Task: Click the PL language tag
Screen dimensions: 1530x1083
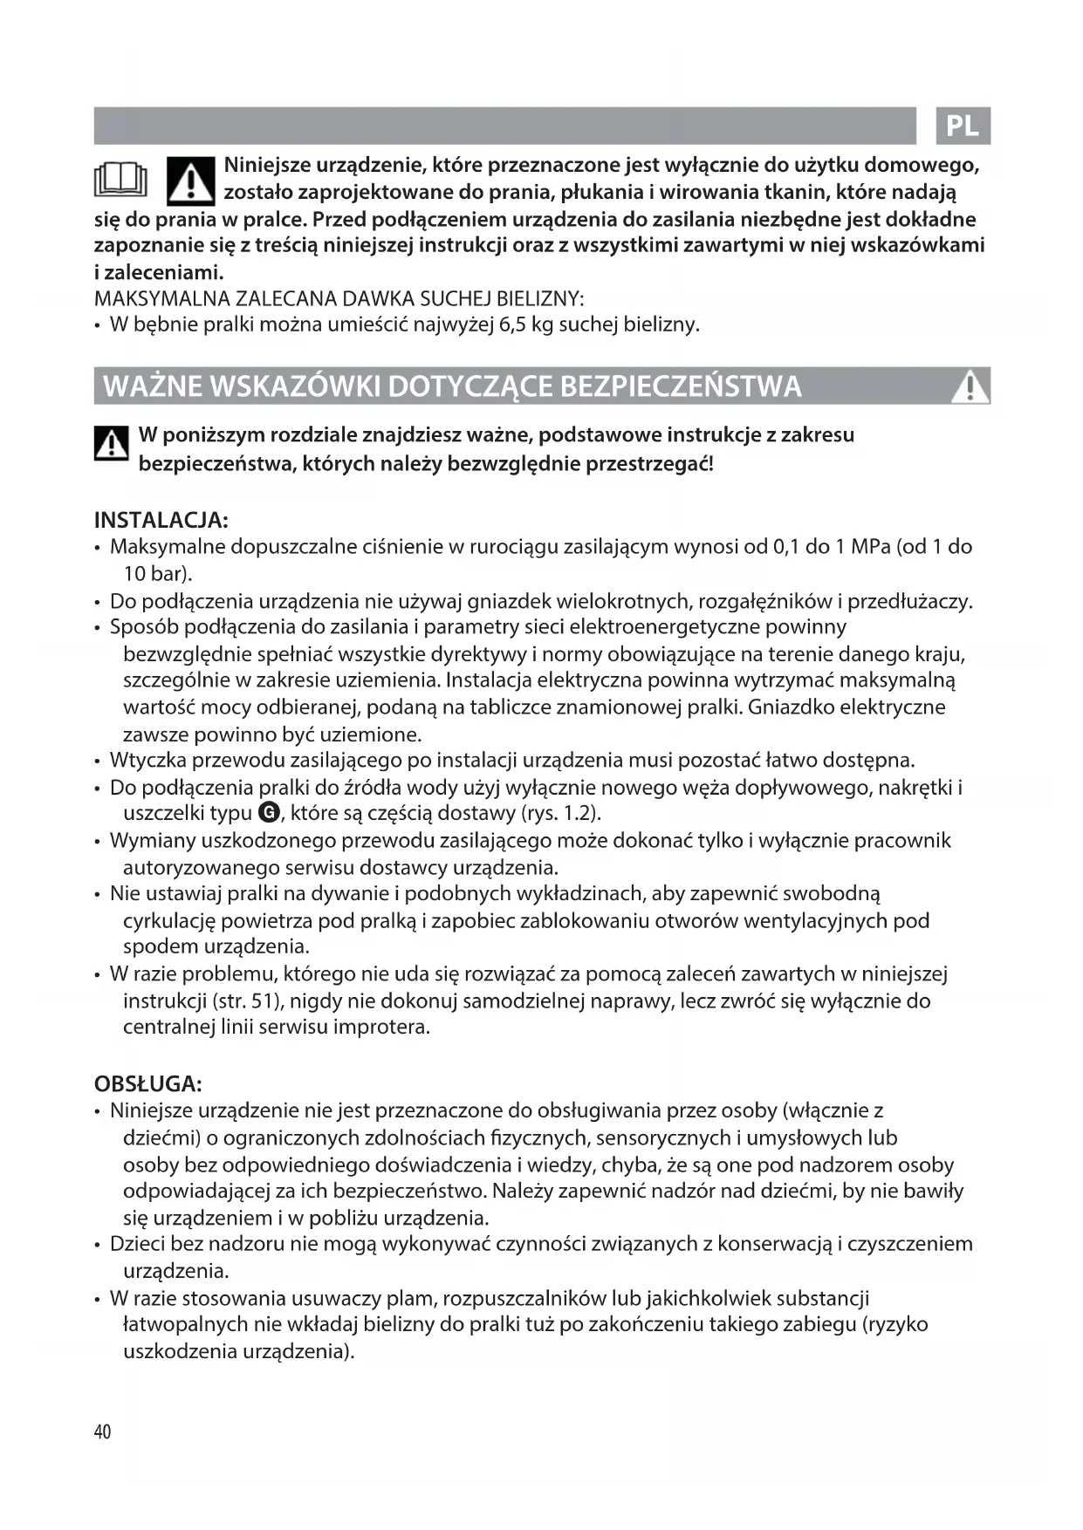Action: [963, 126]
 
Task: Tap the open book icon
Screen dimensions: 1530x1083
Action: [120, 181]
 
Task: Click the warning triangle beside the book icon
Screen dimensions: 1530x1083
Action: [190, 180]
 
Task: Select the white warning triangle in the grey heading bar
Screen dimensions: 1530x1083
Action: [969, 386]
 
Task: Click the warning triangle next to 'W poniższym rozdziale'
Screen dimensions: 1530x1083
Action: [111, 445]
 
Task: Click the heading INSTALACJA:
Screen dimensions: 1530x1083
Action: [161, 521]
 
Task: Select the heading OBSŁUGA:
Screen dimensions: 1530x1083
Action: [148, 1084]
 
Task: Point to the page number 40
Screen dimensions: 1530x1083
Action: [102, 1431]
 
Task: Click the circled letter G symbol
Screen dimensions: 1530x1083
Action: [269, 813]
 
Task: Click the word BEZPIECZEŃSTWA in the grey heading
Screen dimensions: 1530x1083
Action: [681, 386]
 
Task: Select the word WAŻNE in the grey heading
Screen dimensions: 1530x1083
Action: [154, 386]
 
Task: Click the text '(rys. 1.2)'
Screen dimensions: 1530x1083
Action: [560, 814]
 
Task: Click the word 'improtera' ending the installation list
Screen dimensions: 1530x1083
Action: [384, 1027]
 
